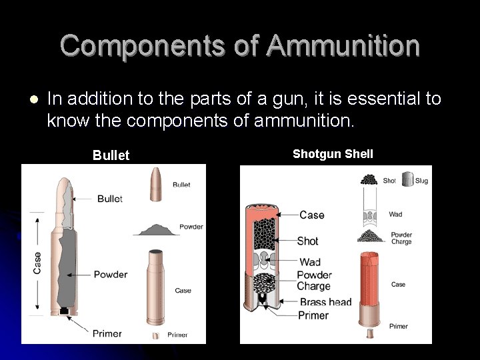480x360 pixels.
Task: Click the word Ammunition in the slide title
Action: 343,46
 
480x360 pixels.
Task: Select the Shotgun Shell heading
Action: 333,154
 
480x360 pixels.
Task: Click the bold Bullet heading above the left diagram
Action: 111,155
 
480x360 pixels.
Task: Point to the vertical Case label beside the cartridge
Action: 37,263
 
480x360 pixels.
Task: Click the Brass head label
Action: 326,302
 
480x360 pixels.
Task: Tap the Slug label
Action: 421,181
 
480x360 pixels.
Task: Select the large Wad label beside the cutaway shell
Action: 310,261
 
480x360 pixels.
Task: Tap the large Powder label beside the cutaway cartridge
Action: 111,274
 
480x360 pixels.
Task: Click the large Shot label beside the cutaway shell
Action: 308,241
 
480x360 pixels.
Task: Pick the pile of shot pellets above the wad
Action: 369,179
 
